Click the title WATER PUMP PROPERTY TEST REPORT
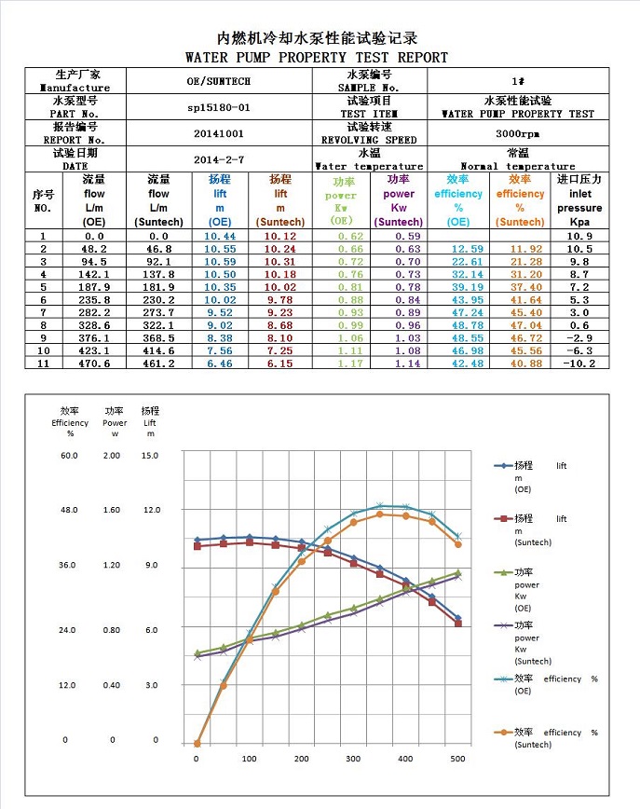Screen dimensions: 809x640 click(317, 58)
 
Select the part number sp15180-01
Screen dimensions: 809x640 click(219, 107)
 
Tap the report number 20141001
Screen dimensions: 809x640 click(219, 133)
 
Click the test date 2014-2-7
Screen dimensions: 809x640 click(219, 159)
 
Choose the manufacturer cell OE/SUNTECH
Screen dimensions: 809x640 click(219, 81)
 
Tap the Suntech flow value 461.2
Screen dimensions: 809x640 click(159, 363)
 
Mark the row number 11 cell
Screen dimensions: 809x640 click(43, 363)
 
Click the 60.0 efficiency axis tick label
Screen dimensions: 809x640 click(70, 455)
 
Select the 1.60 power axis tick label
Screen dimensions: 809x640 click(113, 510)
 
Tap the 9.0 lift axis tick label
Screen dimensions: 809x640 click(150, 566)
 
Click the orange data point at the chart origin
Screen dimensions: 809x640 click(197, 744)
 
